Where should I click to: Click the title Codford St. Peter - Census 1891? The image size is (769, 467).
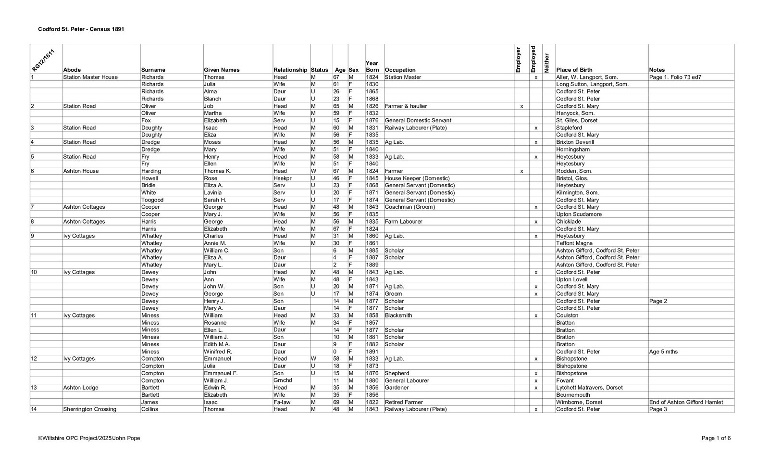point(81,29)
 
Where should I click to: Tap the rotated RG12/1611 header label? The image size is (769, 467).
point(42,59)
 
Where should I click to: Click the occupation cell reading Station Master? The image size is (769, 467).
point(403,77)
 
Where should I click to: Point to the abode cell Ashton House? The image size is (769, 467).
point(81,171)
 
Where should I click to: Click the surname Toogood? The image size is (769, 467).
point(152,200)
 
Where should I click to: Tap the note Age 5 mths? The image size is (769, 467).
point(663,352)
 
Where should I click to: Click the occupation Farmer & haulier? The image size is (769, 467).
point(406,106)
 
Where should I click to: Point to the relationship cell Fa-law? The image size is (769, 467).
point(282,402)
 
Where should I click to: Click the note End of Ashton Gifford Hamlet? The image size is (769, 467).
point(686,402)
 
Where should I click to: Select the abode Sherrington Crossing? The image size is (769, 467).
point(89,409)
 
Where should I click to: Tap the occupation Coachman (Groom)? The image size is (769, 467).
point(409,207)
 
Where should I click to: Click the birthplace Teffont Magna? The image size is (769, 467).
point(574,243)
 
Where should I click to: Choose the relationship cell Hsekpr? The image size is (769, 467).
point(283,178)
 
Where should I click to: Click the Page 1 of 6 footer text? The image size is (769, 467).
point(716,438)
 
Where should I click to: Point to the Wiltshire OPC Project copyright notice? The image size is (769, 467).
point(89,438)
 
